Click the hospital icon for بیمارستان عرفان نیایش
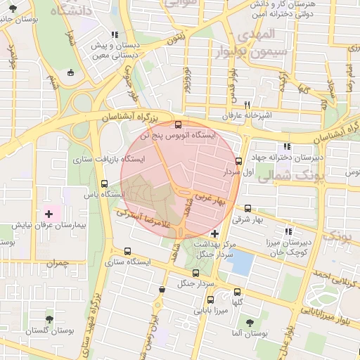coord(49,213)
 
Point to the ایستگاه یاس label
coord(103,193)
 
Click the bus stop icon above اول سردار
coord(238,160)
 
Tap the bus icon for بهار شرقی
coord(247,208)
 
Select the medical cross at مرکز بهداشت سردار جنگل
coord(214,233)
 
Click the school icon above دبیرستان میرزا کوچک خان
coord(287,231)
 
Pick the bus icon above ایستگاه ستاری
coord(127,250)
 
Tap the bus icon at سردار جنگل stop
coord(195,273)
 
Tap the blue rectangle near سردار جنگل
coord(242,264)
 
